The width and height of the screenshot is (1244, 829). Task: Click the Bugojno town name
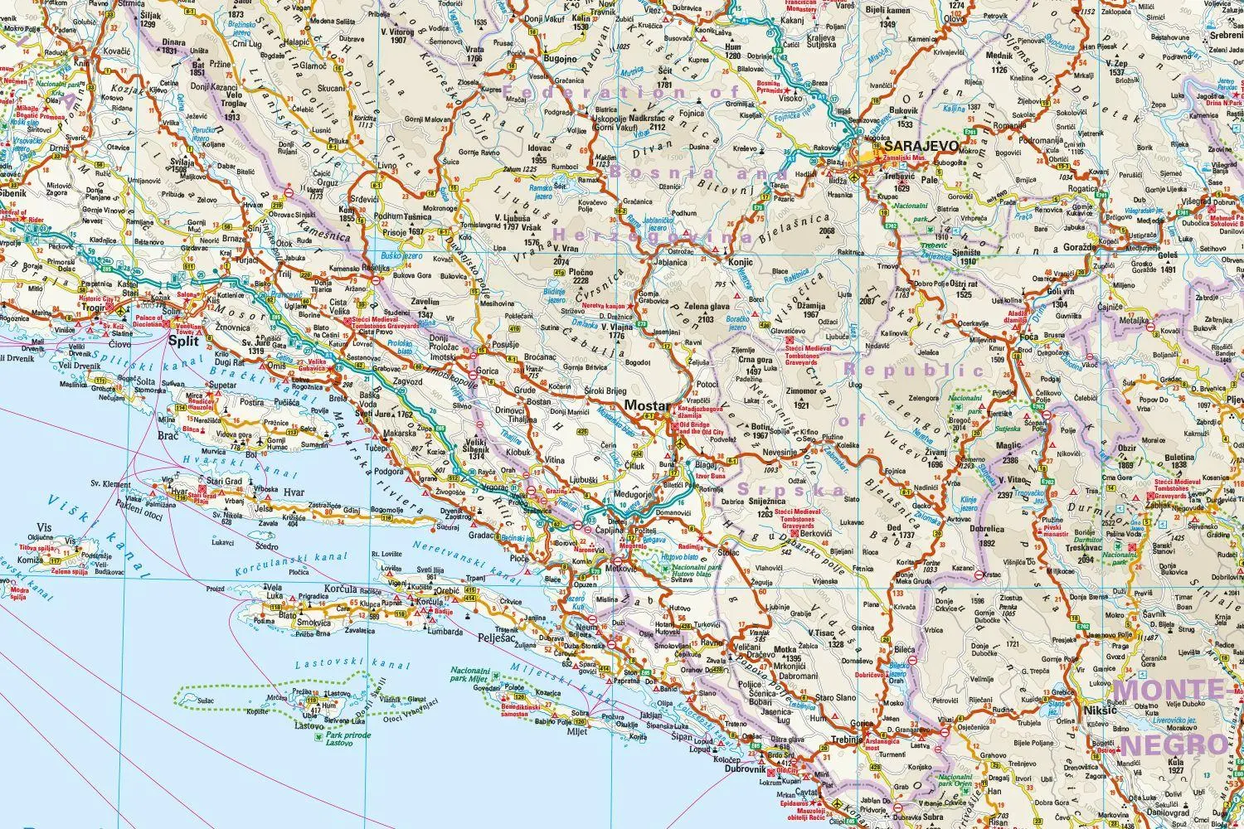[x=561, y=59]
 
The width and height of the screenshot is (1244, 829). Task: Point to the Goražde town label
[x=1077, y=247]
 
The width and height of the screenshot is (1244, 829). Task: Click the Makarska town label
[x=399, y=434]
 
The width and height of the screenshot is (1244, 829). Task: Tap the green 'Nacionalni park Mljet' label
[x=475, y=673]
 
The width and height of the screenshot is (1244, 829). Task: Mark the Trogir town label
[x=94, y=308]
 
